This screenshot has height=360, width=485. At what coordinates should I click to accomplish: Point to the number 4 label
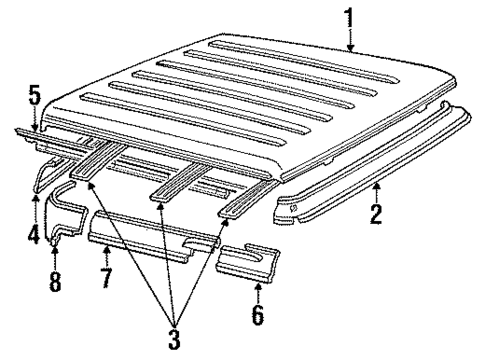coord(33,237)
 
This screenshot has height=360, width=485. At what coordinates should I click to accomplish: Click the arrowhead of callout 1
coord(351,48)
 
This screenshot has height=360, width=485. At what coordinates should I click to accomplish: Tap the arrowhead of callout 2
coord(375,185)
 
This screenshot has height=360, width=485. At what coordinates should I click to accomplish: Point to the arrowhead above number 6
coord(258,285)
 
